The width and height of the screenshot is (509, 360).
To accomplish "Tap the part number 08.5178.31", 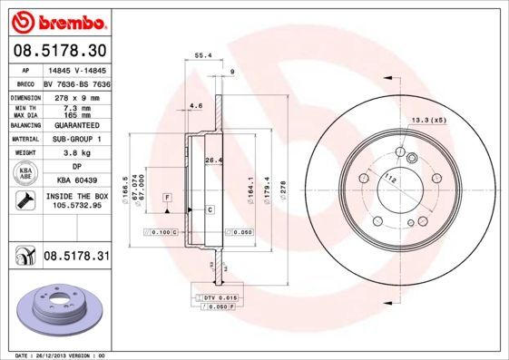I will [76, 258].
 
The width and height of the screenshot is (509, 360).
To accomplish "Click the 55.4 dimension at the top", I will [203, 55].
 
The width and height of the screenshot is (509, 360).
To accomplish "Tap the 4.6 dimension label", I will [196, 107].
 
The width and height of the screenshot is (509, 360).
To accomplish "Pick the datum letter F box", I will [168, 197].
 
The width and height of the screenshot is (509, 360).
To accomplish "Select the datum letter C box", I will [210, 209].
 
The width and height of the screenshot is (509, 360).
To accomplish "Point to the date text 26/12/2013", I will [56, 355].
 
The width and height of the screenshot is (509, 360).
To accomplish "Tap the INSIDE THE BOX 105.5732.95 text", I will [76, 201].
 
